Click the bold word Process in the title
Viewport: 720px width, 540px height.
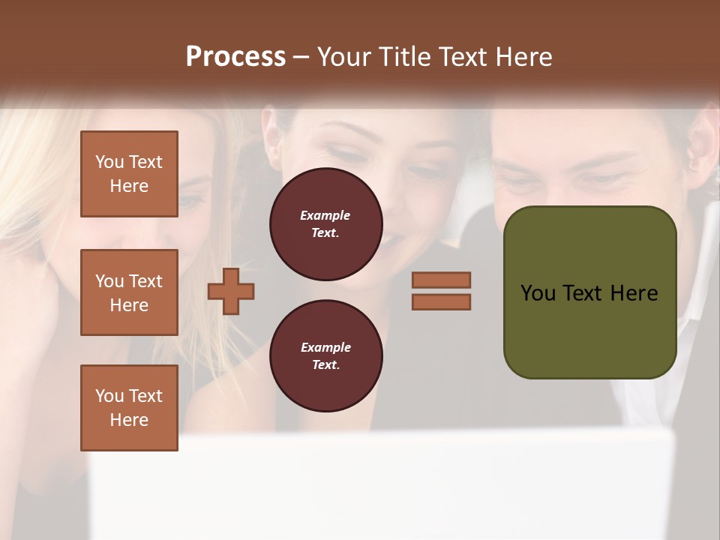pos(235,57)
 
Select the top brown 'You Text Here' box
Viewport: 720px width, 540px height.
pos(129,174)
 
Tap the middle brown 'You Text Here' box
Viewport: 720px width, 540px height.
pos(129,292)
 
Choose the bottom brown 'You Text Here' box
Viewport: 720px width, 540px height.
pos(129,408)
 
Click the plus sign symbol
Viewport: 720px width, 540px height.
pos(231,291)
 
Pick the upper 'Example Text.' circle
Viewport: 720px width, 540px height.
pos(325,224)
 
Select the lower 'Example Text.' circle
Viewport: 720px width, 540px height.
pos(325,355)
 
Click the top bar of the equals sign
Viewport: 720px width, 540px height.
pos(441,280)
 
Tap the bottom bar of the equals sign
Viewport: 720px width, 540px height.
pos(441,301)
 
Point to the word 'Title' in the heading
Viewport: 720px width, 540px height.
pos(406,57)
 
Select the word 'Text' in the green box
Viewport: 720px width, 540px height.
pos(583,293)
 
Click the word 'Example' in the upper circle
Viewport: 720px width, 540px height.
pos(325,215)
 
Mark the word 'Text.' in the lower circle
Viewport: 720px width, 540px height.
pos(325,364)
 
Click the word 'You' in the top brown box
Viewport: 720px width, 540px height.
pos(109,162)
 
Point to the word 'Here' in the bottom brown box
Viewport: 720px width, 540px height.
pos(129,420)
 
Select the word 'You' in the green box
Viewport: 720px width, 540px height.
pos(538,293)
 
